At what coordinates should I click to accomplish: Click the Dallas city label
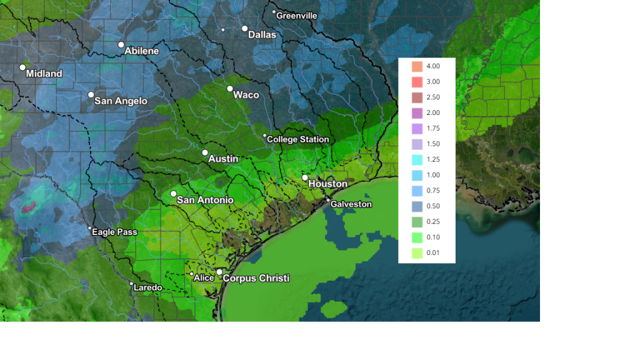(x=262, y=35)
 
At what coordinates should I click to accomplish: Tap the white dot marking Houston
(x=305, y=178)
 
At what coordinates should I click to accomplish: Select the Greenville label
(x=296, y=16)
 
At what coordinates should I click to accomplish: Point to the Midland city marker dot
(x=22, y=67)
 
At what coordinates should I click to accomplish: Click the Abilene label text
(x=141, y=51)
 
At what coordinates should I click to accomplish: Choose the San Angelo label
(x=121, y=101)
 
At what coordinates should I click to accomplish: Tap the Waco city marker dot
(x=230, y=89)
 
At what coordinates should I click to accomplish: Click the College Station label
(x=297, y=139)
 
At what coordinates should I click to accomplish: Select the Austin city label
(x=223, y=159)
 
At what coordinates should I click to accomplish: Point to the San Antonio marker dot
(x=174, y=194)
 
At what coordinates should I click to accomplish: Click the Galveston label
(x=351, y=204)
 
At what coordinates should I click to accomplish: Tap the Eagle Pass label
(x=114, y=232)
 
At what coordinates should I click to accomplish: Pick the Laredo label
(x=148, y=288)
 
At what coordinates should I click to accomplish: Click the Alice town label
(x=204, y=278)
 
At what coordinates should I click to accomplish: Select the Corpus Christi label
(x=256, y=278)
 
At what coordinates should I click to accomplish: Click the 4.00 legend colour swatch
(x=417, y=66)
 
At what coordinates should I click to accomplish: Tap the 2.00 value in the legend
(x=433, y=113)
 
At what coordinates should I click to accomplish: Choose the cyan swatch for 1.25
(x=417, y=159)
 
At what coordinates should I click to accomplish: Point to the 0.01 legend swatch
(x=417, y=252)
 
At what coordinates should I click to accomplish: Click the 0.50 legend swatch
(x=417, y=206)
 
